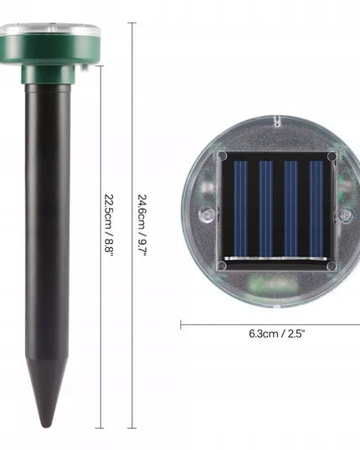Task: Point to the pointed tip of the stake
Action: pos(45,426)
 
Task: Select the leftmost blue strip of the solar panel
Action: pos(240,209)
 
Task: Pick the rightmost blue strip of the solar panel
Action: pos(316,209)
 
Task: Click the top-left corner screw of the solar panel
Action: pos(222,157)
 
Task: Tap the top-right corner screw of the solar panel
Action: pos(332,157)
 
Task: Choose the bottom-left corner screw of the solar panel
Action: pos(222,266)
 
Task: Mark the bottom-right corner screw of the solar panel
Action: pos(332,266)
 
